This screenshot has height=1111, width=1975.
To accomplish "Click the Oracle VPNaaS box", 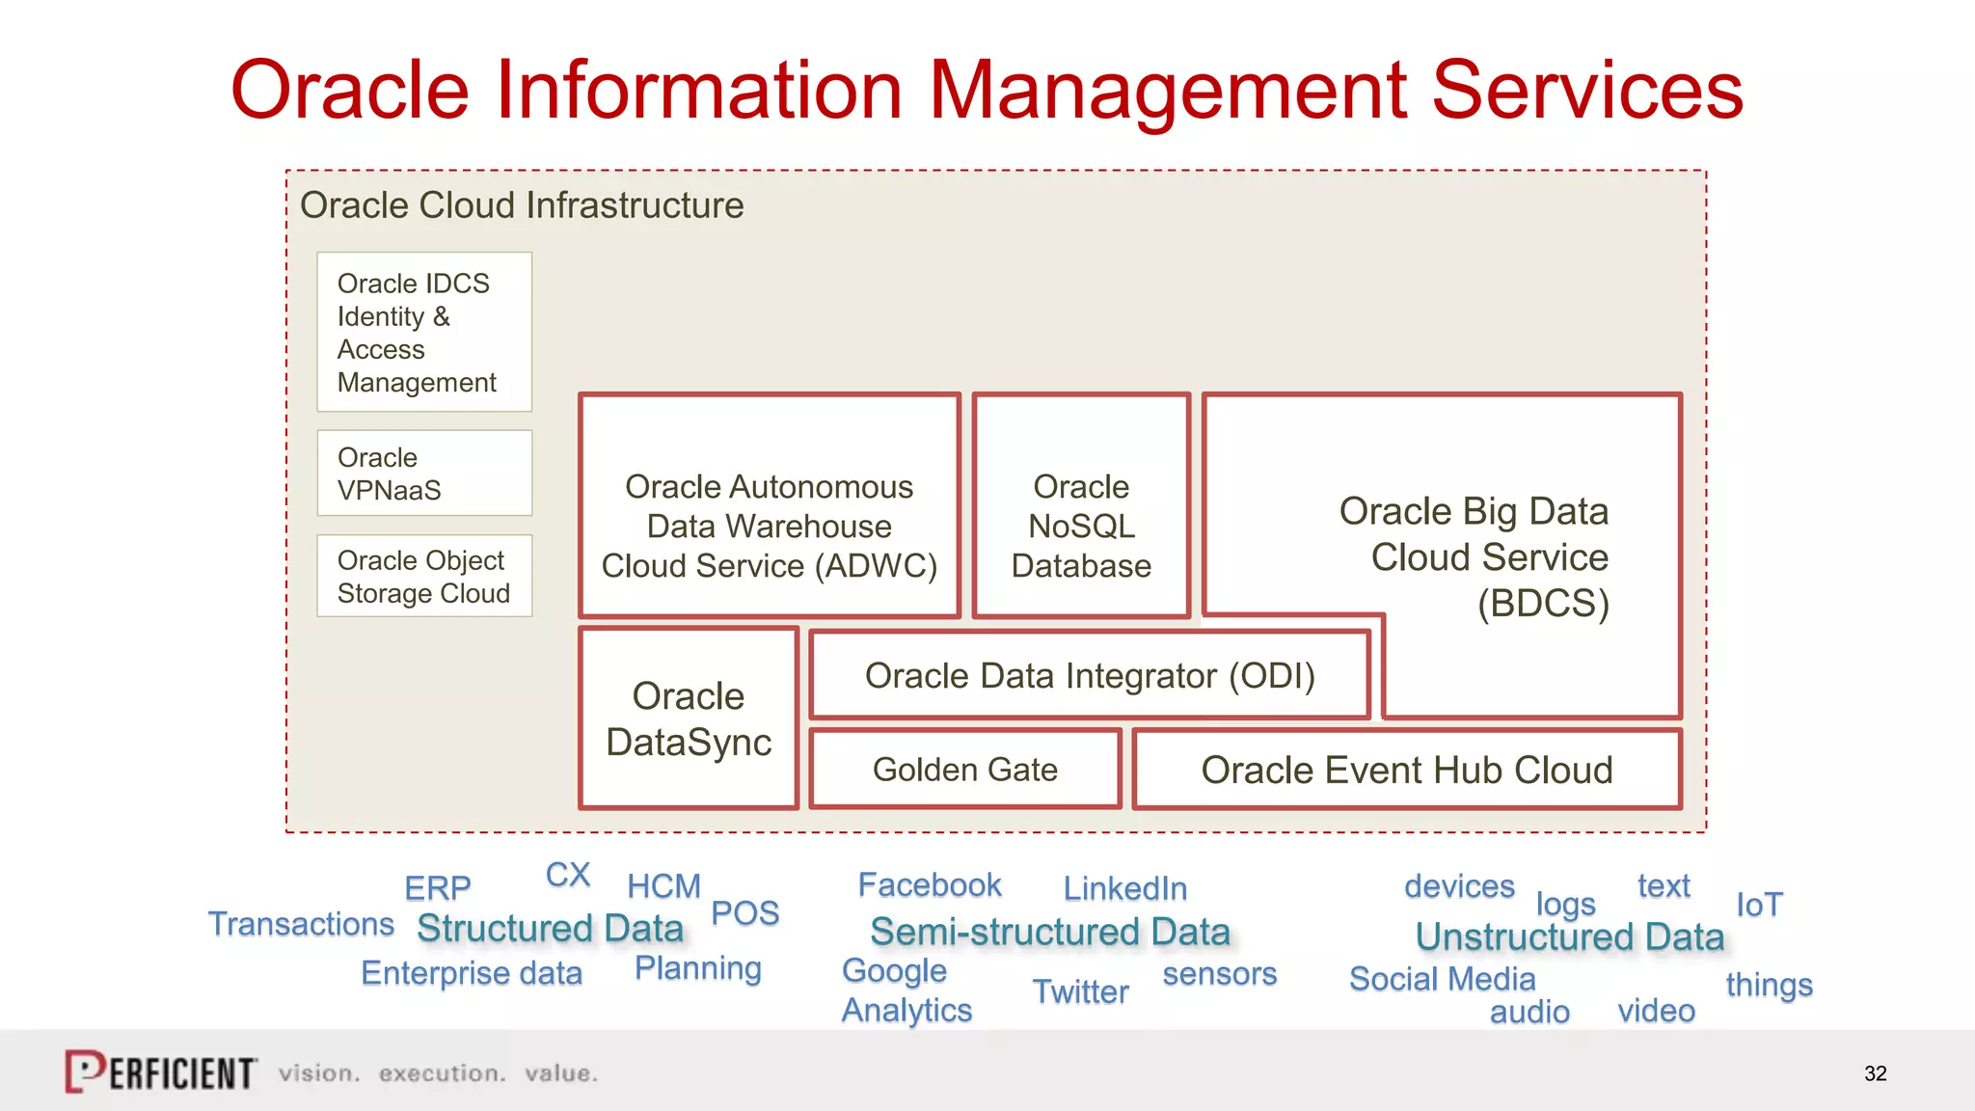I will [x=424, y=474].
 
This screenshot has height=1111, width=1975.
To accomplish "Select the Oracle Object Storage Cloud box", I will [x=424, y=577].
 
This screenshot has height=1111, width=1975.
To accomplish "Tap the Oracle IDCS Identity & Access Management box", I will [x=424, y=332].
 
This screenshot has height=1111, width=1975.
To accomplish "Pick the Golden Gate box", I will [x=965, y=770].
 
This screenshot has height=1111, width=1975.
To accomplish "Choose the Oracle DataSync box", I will [x=689, y=718].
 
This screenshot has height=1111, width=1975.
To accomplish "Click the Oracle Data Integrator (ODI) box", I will [x=1090, y=676].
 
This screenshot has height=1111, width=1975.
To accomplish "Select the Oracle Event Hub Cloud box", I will [x=1407, y=770].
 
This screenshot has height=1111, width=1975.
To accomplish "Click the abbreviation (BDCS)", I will [x=1543, y=604].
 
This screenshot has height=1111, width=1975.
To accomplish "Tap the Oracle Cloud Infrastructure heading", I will [x=522, y=205].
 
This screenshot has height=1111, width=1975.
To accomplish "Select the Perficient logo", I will [x=160, y=1071].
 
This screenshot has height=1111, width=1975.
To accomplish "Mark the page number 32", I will [x=1875, y=1073].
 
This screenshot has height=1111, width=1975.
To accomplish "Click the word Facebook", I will [x=930, y=884].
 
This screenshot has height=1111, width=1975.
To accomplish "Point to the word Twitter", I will [x=1080, y=991].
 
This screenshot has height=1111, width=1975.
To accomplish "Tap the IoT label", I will [x=1759, y=905].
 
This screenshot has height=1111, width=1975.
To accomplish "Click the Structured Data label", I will [x=550, y=929].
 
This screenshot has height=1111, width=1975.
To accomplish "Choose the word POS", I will [x=744, y=912].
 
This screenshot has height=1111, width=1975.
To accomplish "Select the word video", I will [x=1656, y=1011].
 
